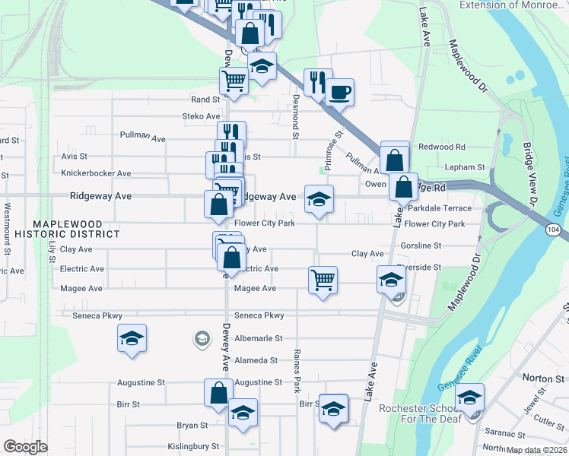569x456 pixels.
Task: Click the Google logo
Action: [x=25, y=447]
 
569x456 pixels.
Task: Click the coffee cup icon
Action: [x=339, y=92]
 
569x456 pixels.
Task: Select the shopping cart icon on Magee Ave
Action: [x=323, y=280]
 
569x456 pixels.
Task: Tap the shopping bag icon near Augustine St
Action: [x=218, y=393]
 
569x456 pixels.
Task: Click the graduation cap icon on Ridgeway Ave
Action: [x=319, y=199]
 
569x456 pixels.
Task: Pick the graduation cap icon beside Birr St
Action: [x=333, y=408]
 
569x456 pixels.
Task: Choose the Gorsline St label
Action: [x=421, y=245]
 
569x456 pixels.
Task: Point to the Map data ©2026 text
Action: [x=536, y=450]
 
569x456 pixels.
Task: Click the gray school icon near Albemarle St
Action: [x=202, y=337]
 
